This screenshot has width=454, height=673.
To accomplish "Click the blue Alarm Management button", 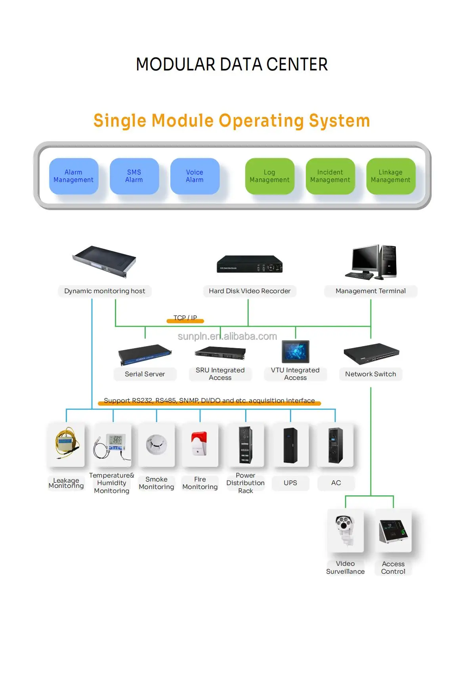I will pos(74,176).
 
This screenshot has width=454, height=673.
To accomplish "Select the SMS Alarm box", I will pos(134,176).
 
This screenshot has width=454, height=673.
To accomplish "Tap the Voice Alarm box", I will pos(195,176).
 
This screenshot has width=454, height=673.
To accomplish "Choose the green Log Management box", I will pos(269,176).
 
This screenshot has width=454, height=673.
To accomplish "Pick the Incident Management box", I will pos(330,176).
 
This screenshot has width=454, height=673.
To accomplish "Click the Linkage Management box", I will pos(391,176).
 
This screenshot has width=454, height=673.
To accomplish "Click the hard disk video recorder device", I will pos(250,264).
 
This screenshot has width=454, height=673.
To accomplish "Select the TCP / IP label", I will pos(185,318).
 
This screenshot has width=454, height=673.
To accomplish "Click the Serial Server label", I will pos(145,374).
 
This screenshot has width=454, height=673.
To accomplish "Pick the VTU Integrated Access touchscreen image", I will pos(295,351).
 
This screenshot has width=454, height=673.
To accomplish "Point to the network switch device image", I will pos(371,353).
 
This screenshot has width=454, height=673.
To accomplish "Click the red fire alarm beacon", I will pos(199,443).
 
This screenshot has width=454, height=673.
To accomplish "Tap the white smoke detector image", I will pos(156,444).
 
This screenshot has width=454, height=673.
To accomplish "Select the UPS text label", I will pos(290,483).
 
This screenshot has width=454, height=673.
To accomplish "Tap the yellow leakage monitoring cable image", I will pos(66,443).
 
